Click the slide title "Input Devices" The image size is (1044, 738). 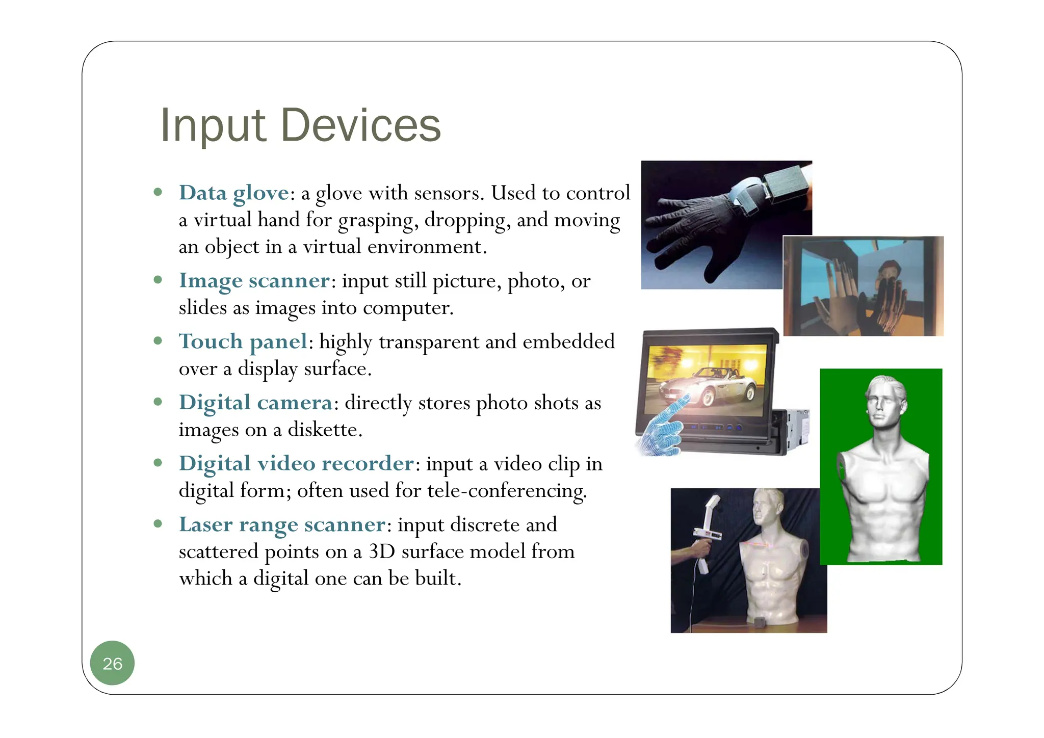[300, 125]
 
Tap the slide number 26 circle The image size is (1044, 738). [112, 663]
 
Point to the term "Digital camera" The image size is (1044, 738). [255, 403]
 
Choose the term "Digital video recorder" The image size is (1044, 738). [296, 463]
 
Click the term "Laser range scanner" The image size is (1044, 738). [282, 524]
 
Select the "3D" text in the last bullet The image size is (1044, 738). [382, 551]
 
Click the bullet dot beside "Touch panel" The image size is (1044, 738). [158, 340]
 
